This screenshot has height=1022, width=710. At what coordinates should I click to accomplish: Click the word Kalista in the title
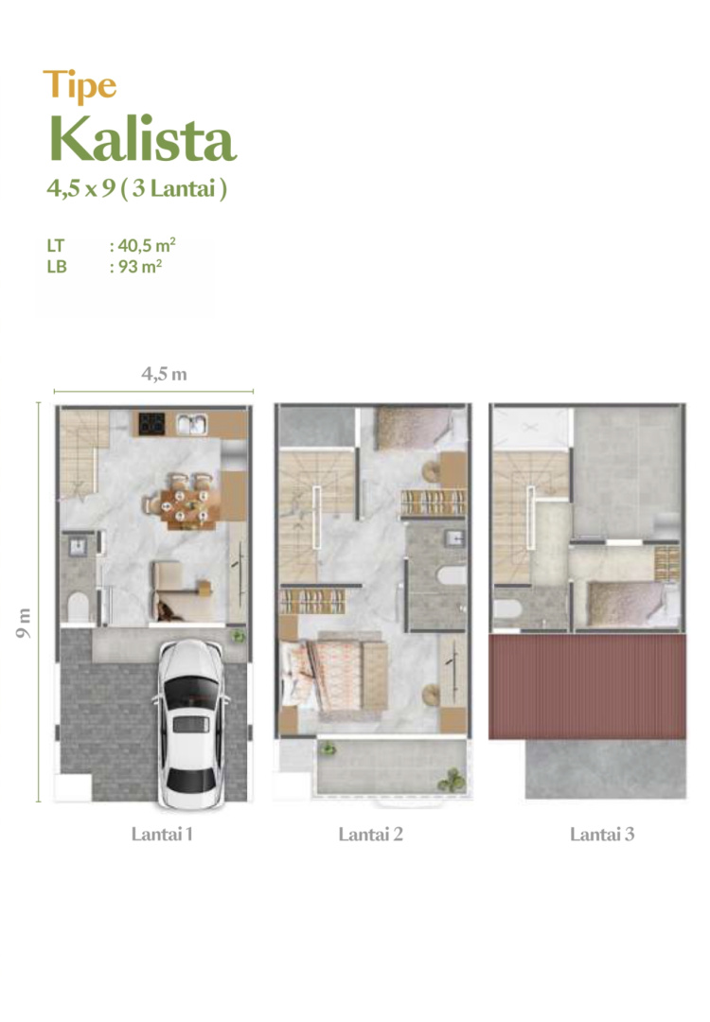[x=142, y=138]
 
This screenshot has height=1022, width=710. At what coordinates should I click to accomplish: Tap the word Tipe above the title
[x=80, y=85]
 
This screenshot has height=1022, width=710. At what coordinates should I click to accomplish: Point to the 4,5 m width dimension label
[x=165, y=374]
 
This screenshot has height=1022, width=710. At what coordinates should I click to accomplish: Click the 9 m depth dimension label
[x=24, y=623]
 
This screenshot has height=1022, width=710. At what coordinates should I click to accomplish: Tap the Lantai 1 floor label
[x=162, y=834]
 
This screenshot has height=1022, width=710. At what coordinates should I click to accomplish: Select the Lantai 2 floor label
[x=370, y=834]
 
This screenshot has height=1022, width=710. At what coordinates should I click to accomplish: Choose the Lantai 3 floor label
[x=602, y=834]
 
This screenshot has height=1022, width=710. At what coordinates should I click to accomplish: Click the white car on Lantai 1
[x=190, y=723]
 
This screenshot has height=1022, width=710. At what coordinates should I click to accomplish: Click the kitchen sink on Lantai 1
[x=192, y=424]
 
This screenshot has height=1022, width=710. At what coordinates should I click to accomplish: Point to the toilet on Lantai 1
[x=78, y=607]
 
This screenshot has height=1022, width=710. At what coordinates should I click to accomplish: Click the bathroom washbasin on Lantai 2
[x=455, y=537]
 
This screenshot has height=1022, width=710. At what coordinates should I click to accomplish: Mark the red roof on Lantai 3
[x=588, y=686]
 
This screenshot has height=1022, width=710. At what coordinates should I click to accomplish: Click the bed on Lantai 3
[x=625, y=604]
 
